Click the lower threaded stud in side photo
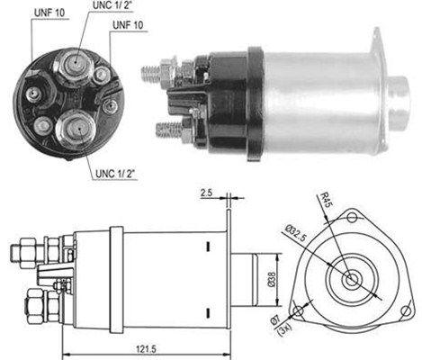[167, 130]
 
